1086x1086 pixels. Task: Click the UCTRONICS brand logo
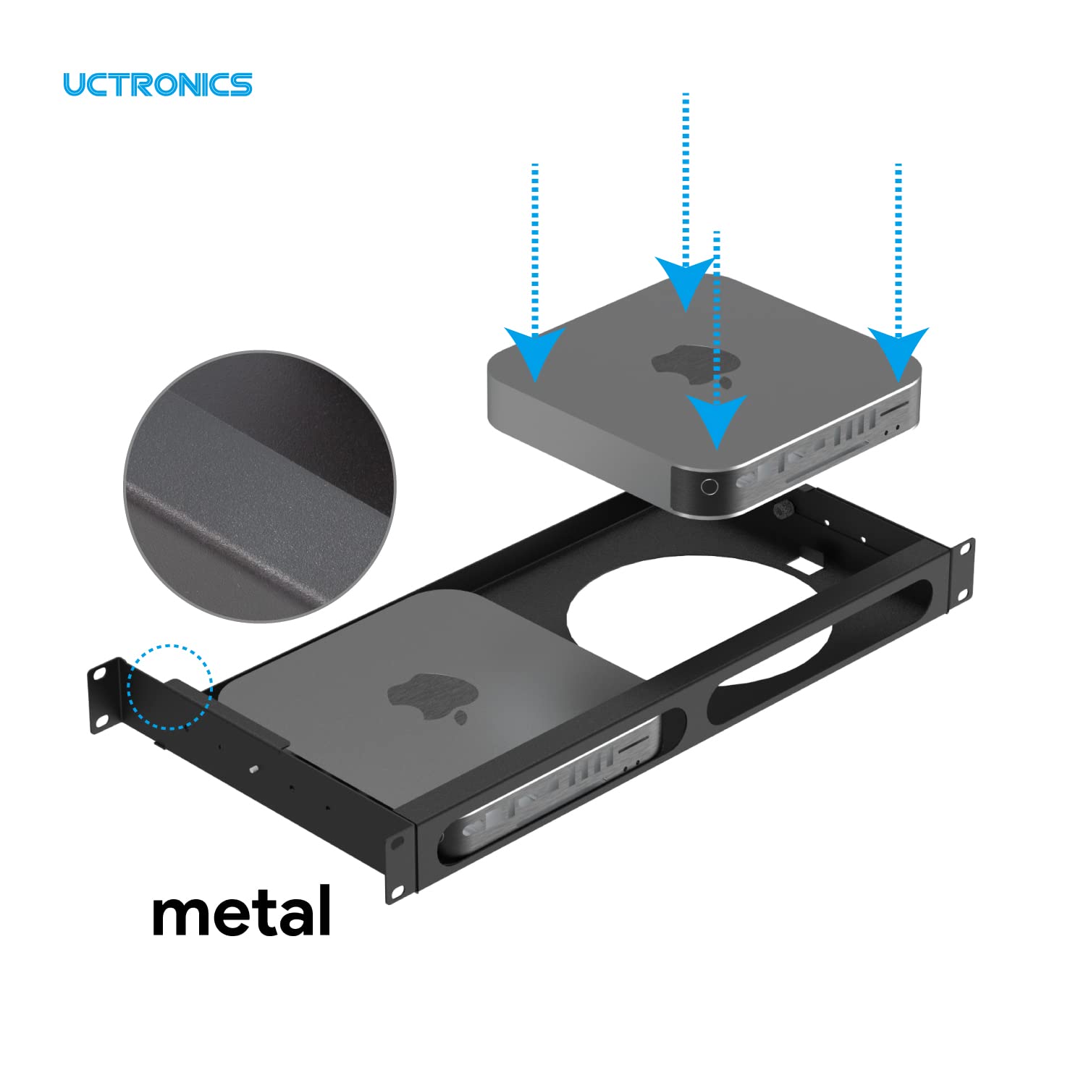coord(157,84)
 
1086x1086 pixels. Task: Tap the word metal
coord(242,910)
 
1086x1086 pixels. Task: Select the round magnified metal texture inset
coord(261,487)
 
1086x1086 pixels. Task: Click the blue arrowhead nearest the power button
coord(717,418)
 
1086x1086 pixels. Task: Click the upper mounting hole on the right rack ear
coord(965,548)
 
